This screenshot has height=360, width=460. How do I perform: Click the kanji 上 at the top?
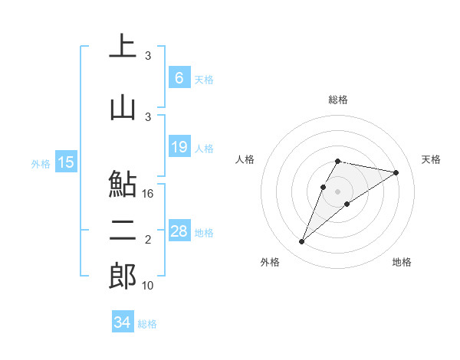click(123, 47)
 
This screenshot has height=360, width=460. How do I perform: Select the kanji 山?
click(123, 106)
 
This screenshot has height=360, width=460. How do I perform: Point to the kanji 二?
click(123, 231)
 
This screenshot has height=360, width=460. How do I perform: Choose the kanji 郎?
click(123, 276)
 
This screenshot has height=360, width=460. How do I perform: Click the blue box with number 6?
click(179, 77)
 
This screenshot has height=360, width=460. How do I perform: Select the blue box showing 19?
click(179, 147)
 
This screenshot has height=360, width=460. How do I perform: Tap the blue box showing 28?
click(179, 231)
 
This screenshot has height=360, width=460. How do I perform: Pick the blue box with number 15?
click(66, 162)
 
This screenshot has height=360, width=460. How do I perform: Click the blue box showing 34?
click(123, 322)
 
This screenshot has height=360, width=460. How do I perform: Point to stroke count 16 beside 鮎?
click(149, 194)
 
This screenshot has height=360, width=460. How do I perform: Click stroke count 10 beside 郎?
click(149, 286)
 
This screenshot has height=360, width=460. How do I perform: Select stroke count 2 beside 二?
click(149, 240)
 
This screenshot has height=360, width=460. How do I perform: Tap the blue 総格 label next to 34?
click(147, 324)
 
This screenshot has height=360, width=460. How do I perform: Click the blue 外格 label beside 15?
click(41, 163)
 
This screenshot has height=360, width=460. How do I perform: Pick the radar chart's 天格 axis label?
click(432, 159)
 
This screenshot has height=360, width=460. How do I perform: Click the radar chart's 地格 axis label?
click(402, 262)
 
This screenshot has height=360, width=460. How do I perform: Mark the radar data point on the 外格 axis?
click(302, 242)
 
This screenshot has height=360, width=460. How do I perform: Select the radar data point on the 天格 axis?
click(396, 172)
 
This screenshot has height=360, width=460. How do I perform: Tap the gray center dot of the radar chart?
click(337, 191)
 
